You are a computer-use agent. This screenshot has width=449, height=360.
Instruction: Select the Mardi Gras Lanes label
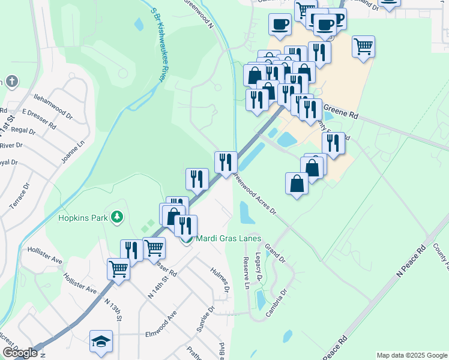(229, 238)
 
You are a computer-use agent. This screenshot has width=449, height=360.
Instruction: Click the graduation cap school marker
(101, 341)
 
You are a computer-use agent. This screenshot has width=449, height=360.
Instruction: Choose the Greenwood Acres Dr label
(255, 194)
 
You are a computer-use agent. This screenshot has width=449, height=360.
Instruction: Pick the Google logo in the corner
(20, 353)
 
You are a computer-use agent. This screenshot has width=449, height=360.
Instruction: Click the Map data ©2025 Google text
(411, 355)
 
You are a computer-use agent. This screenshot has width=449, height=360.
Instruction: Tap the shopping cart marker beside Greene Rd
(363, 46)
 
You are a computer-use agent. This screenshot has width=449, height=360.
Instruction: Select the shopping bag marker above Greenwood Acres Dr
(297, 183)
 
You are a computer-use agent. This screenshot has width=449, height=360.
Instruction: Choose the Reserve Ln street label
(246, 273)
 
